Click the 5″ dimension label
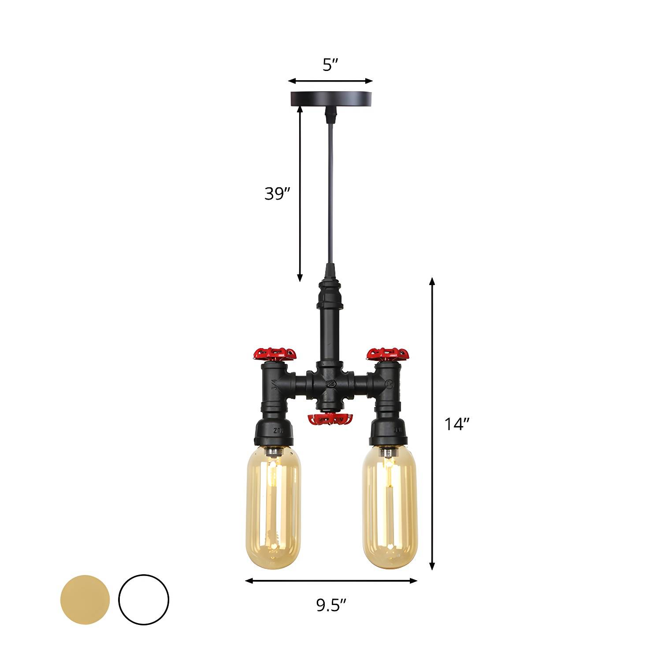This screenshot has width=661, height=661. point(330,65)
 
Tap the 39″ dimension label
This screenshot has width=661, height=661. point(278,193)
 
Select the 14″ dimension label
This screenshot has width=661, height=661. point(457,424)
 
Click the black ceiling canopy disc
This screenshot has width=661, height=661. point(331,98)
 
